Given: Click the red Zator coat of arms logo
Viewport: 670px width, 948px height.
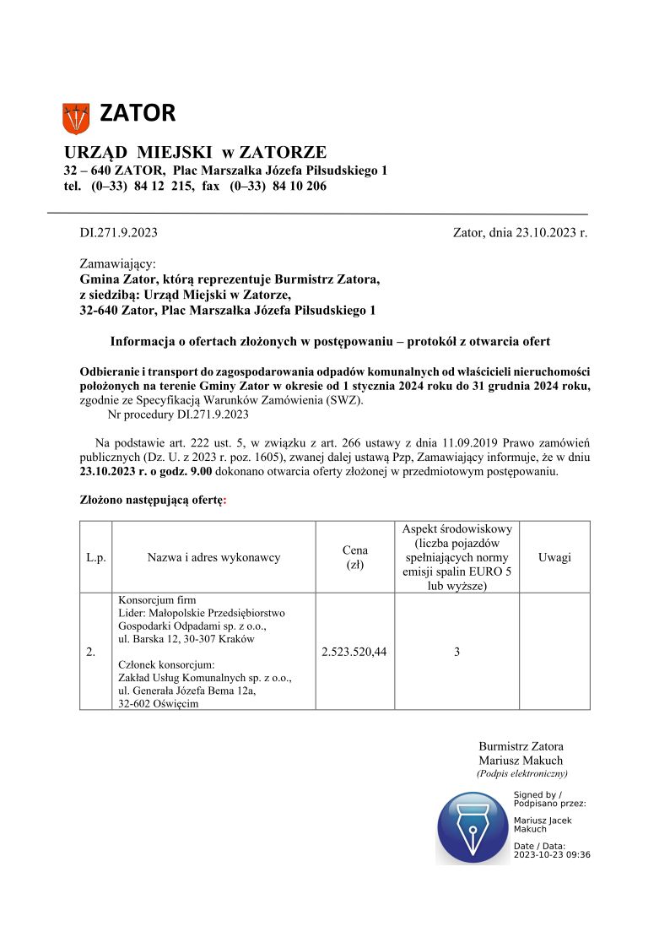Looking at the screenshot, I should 76,117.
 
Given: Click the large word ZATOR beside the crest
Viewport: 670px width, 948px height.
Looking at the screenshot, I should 138,112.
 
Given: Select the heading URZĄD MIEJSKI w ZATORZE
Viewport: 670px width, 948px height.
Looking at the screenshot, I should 195,153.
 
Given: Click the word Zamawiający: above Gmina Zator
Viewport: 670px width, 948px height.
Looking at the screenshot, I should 117,264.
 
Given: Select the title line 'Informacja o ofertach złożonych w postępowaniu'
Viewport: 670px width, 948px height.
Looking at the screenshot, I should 330,342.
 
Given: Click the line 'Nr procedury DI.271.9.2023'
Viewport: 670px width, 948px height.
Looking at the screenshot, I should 178,414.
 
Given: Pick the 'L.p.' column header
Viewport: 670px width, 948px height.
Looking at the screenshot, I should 96,557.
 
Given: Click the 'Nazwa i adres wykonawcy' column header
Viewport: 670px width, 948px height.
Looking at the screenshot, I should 213,557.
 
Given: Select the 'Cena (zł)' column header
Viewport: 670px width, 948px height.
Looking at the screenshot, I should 354,557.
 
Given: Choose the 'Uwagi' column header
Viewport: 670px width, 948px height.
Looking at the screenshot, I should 554,557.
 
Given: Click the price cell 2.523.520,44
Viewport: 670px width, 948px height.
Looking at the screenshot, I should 354,652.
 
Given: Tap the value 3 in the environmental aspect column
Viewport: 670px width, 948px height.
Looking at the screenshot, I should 457,652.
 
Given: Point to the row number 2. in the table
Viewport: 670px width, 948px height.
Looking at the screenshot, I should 91,652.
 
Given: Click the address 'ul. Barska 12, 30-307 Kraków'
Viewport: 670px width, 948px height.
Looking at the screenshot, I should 186,639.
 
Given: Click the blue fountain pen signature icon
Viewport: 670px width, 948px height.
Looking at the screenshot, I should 473,828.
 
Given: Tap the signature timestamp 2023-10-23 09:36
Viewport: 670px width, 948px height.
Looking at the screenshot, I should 552,854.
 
